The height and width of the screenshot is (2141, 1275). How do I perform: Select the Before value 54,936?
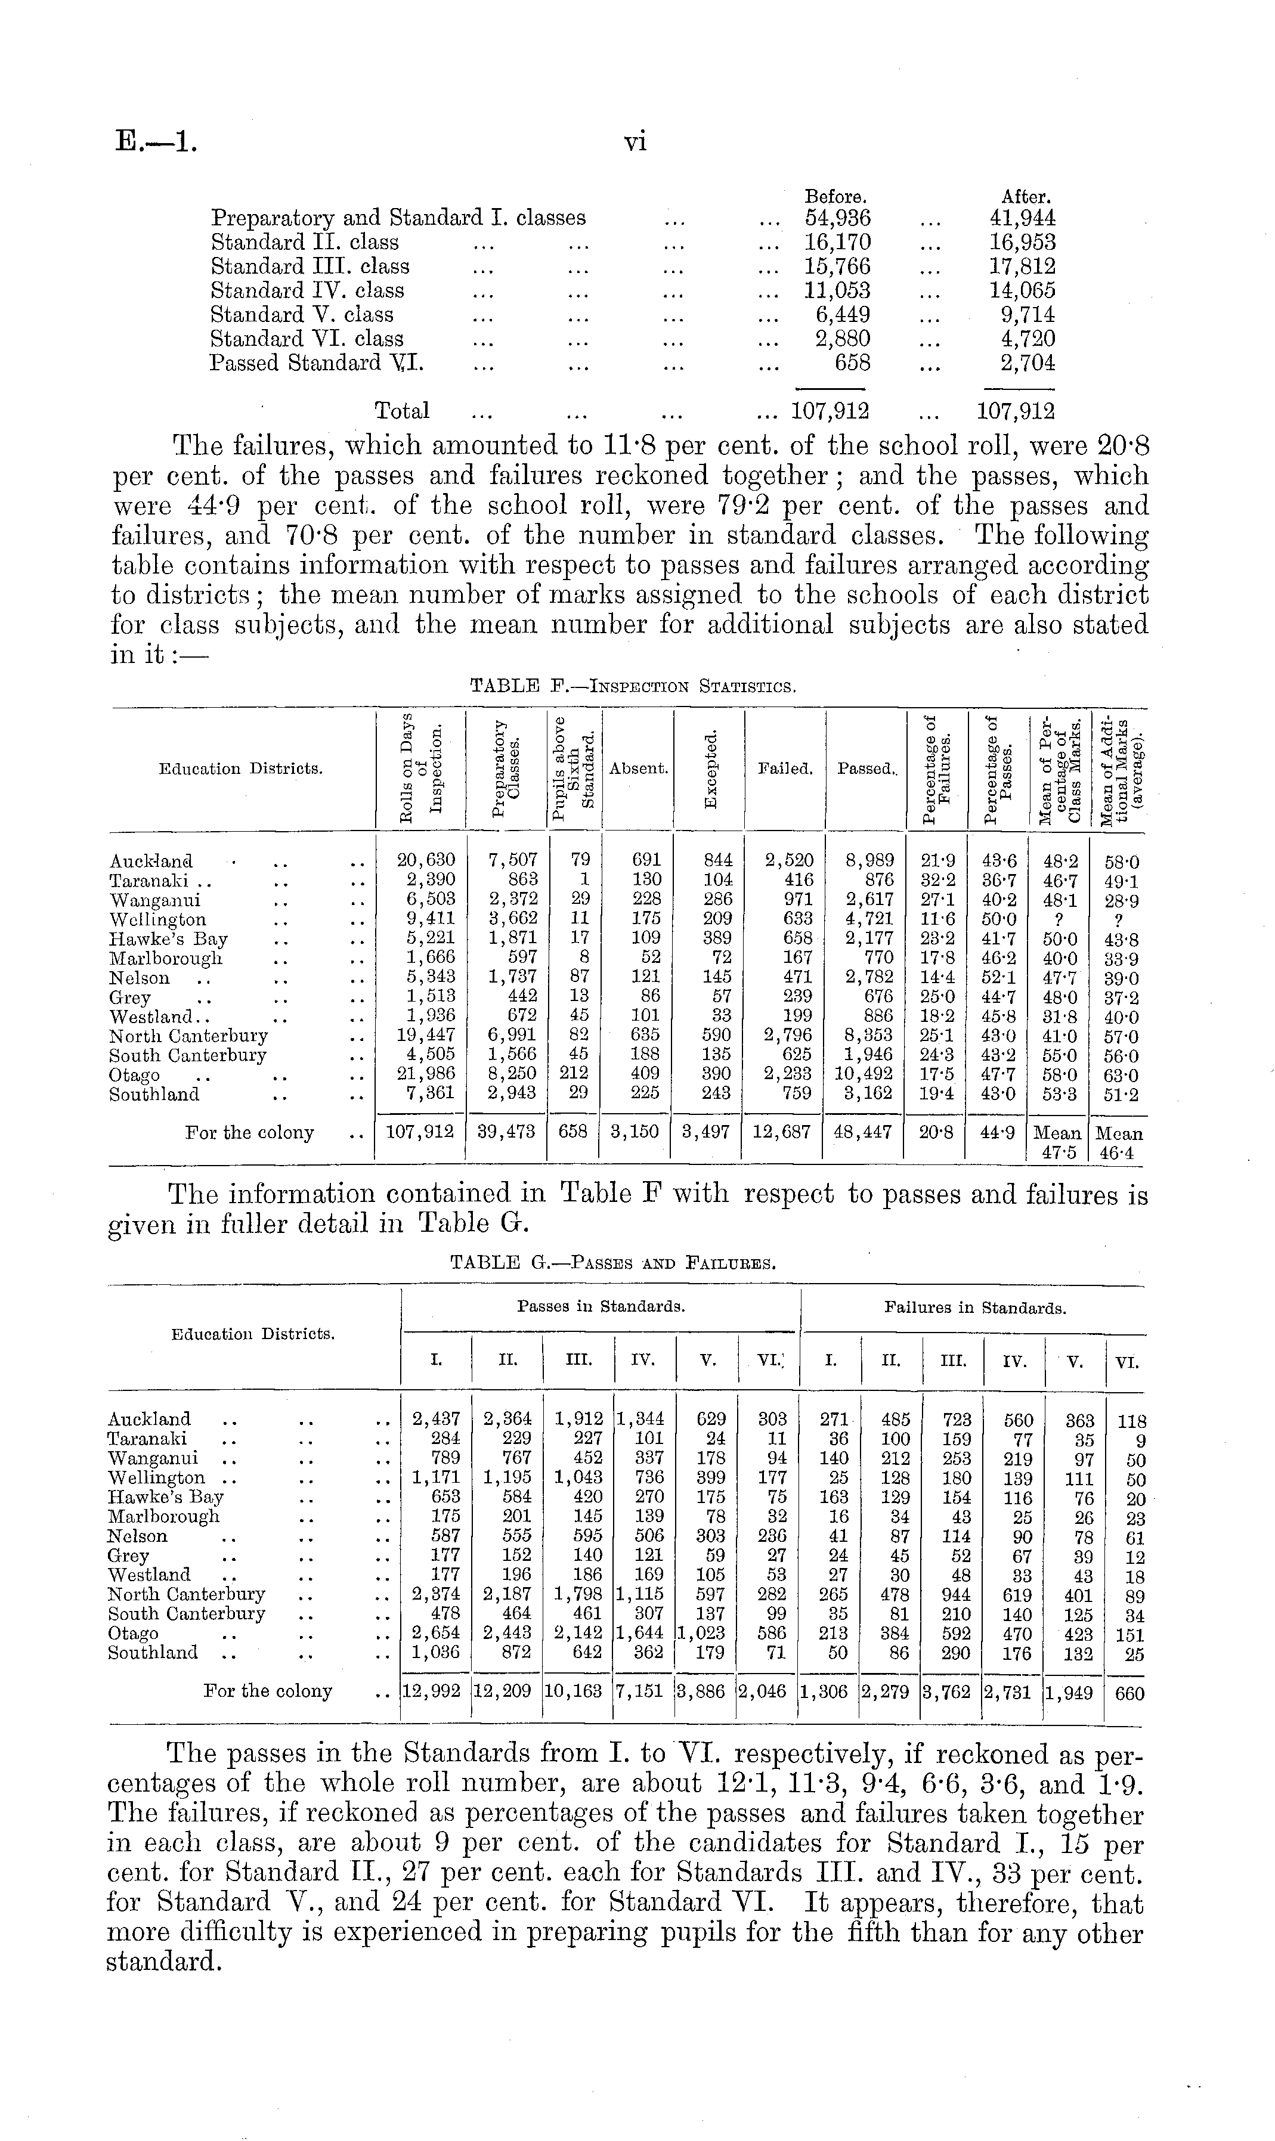[x=838, y=218]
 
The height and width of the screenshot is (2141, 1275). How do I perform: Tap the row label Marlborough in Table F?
[x=166, y=958]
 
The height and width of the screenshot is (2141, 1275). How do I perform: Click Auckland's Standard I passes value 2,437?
[x=437, y=1419]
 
